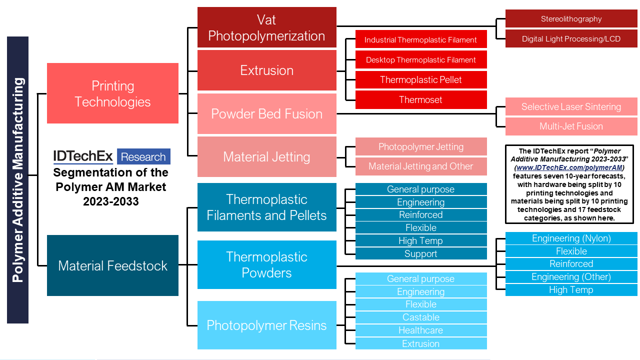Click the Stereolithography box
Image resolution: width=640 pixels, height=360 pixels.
tap(571, 19)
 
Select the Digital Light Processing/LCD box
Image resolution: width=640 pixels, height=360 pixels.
tap(571, 38)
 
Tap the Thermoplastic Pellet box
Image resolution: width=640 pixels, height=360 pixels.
tap(421, 79)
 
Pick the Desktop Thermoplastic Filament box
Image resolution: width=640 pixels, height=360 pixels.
tap(421, 59)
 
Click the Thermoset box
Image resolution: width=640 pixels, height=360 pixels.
tap(421, 99)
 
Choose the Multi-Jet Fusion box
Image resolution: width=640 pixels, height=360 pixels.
tap(571, 126)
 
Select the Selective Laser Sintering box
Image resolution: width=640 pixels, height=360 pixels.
tap(571, 106)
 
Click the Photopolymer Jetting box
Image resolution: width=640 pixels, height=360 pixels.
tap(421, 146)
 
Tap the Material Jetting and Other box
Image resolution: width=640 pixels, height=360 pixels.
tap(421, 166)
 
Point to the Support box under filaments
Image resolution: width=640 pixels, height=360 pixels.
tap(421, 253)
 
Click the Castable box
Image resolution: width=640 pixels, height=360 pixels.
tap(421, 317)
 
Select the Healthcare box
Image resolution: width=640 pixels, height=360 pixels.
tap(421, 330)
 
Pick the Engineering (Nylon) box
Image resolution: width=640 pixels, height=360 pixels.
tap(571, 238)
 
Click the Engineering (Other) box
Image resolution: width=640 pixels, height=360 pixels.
tap(571, 277)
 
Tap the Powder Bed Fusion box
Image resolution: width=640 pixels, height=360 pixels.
tap(266, 114)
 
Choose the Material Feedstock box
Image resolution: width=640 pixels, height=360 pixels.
tap(112, 265)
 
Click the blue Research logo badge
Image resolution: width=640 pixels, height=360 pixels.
tap(143, 156)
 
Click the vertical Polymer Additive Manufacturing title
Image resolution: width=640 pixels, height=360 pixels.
tap(17, 180)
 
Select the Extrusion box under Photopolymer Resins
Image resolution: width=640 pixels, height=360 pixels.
tap(421, 343)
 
